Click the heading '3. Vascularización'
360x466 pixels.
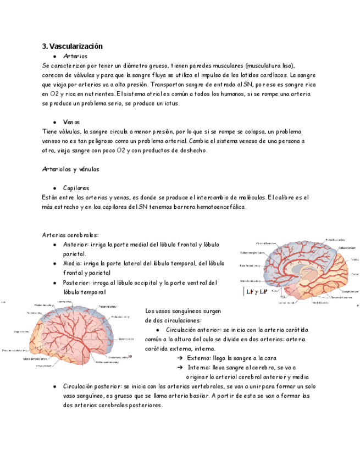pos(72,46)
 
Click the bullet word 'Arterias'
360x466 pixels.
pos(75,56)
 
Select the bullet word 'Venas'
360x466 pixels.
pos(71,122)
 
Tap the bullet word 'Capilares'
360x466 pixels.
pos(76,188)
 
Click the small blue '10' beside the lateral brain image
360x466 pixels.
pos(130,357)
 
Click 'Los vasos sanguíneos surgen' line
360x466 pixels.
pos(183,310)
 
